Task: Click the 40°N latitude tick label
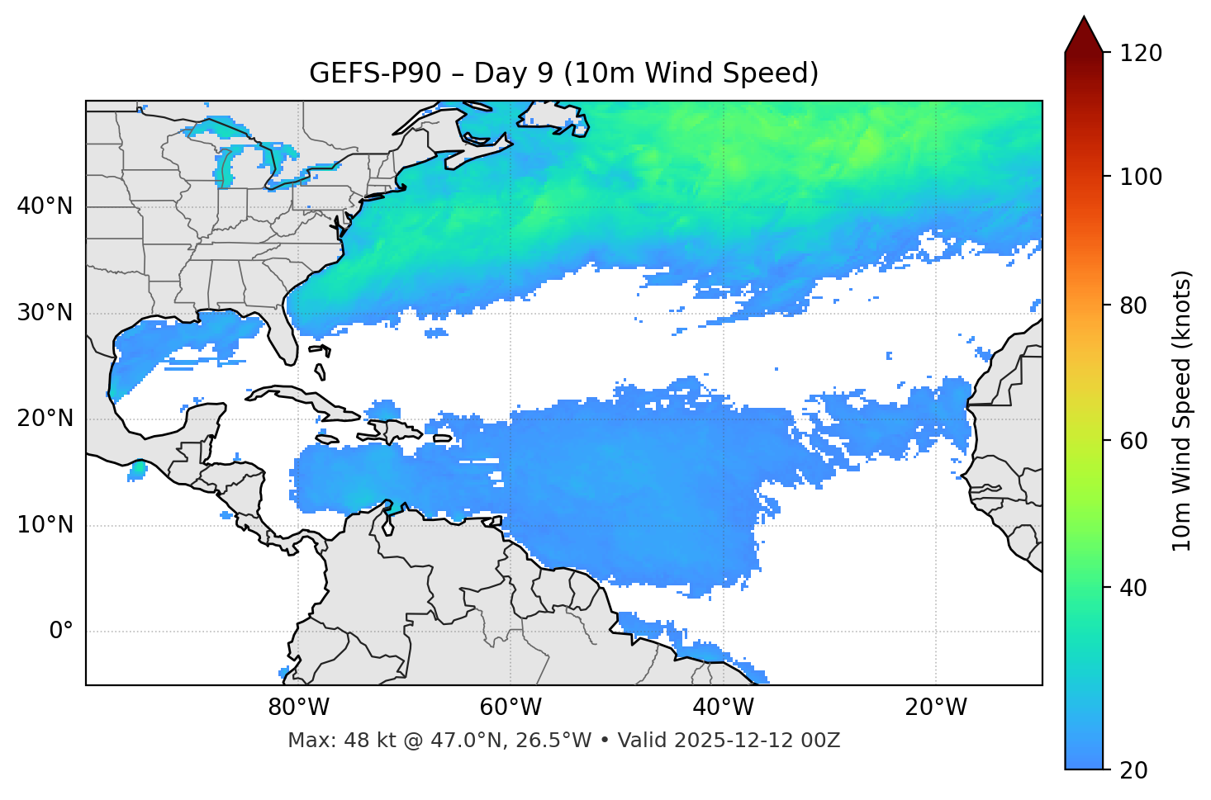tap(45, 206)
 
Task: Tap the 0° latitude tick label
tap(60, 632)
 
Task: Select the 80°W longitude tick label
tap(298, 708)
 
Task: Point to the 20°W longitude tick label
tap(936, 708)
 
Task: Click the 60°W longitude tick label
tap(511, 708)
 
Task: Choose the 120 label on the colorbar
tap(1141, 54)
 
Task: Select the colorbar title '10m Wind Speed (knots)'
tap(1182, 410)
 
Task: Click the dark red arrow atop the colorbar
tap(1084, 35)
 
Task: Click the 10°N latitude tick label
tap(45, 525)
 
